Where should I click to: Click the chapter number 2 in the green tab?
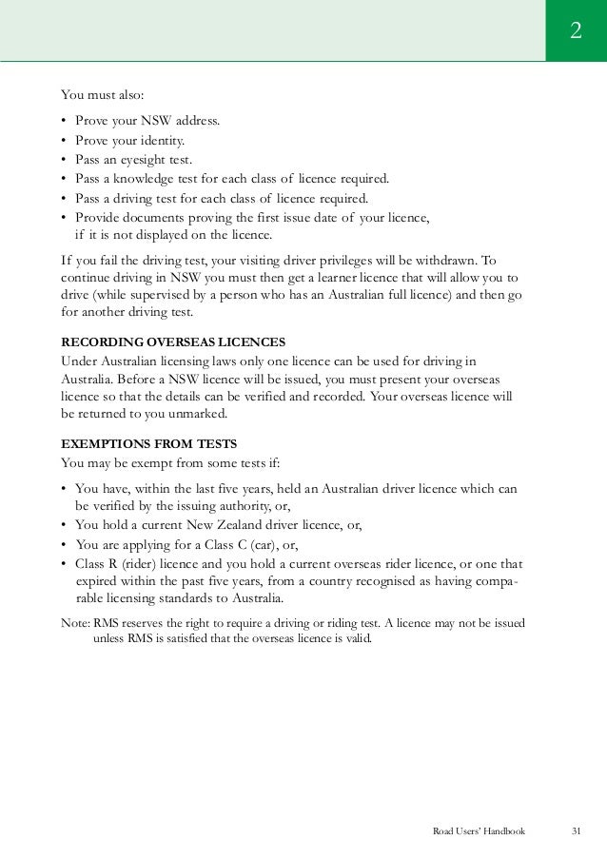(576, 31)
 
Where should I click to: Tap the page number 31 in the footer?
(576, 833)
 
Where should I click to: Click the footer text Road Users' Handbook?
(479, 833)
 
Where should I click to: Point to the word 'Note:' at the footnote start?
(75, 623)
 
